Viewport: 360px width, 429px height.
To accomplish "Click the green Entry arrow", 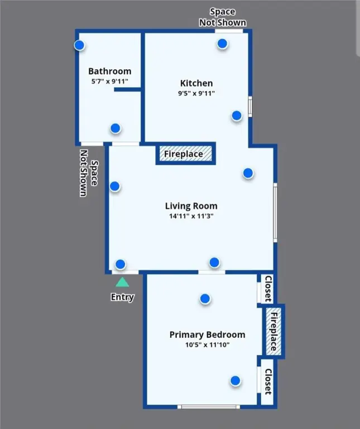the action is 122,282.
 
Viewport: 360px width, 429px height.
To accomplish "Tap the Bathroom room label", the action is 109,71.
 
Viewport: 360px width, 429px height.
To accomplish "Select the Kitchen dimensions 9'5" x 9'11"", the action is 196,93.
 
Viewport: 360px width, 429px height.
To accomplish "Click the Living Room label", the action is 191,206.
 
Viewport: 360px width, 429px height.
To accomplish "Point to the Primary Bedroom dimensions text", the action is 207,345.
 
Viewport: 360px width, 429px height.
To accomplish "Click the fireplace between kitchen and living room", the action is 186,154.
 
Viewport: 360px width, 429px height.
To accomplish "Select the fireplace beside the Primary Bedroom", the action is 273,331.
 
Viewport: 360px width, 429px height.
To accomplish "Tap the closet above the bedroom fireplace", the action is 267,289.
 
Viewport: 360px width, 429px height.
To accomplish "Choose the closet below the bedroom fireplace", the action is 267,382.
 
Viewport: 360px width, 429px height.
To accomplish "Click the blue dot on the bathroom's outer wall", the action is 79,45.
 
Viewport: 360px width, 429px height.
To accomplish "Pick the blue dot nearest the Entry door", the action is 120,264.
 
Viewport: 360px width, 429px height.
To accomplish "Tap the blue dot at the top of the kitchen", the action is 222,44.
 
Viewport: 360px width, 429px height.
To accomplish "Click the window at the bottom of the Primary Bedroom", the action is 209,407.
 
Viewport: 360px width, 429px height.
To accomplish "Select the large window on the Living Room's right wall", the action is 275,213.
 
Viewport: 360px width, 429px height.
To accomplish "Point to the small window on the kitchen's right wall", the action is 250,107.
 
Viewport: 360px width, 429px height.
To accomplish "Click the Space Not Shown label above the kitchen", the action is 222,17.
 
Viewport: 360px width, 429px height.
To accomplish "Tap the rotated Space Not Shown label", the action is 89,173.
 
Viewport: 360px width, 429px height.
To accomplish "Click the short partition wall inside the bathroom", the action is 127,89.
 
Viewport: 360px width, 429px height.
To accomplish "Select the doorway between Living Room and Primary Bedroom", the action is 212,272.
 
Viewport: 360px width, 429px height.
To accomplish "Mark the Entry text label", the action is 122,297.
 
